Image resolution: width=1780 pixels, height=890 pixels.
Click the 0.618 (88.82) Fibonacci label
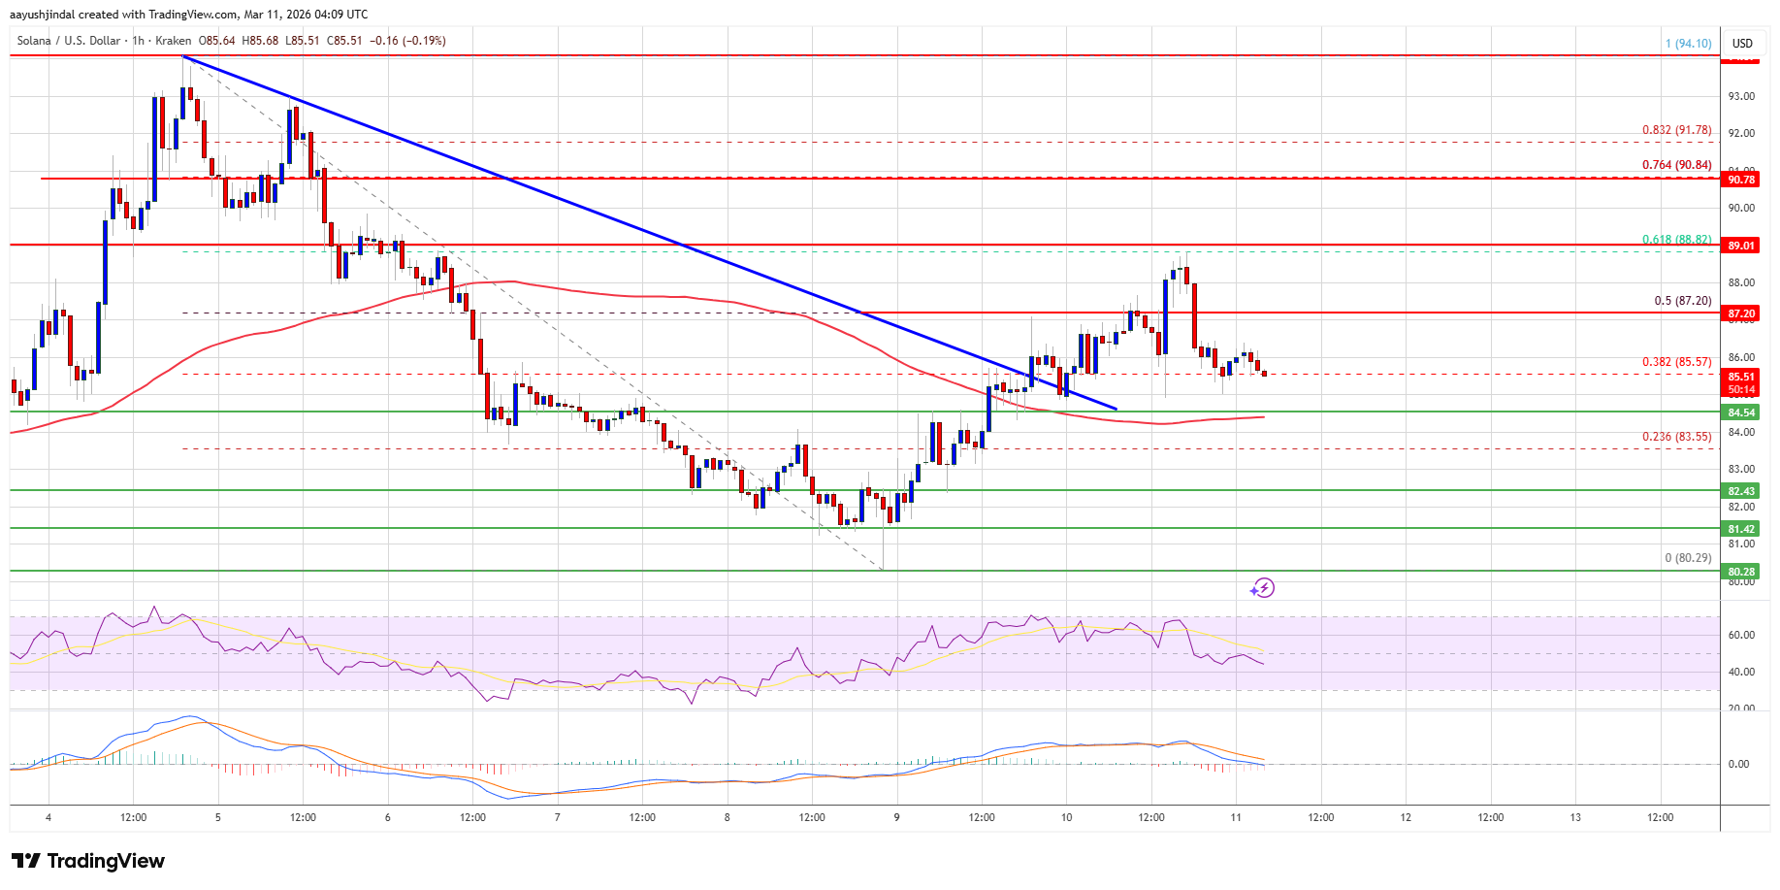[1676, 240]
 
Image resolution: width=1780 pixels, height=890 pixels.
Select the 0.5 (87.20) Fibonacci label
[1682, 301]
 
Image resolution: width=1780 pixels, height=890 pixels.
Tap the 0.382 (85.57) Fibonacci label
[1676, 362]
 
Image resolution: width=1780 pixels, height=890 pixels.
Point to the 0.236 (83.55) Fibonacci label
[1676, 437]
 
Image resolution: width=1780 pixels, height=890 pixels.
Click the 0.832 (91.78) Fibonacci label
[1676, 130]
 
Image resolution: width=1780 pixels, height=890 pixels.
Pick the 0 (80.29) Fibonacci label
[1688, 558]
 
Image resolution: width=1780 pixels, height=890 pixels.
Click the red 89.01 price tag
[1741, 246]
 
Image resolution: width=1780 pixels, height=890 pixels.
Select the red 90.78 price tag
[1741, 180]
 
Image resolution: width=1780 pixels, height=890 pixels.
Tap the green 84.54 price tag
[1741, 412]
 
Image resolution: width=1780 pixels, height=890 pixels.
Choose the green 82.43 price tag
[1741, 491]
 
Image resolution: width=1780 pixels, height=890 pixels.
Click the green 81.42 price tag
[1741, 529]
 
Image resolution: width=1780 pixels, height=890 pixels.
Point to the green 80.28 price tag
[1741, 572]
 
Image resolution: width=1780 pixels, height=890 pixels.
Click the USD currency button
[1742, 43]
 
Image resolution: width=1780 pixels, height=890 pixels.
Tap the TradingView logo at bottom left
[88, 861]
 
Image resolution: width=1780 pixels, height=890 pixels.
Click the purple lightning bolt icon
[1262, 587]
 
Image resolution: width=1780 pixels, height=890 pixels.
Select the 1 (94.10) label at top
[1688, 44]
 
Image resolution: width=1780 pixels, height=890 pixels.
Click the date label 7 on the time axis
[557, 817]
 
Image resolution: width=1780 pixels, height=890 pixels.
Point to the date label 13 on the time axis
[1575, 817]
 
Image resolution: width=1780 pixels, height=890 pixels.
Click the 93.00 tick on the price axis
[1741, 96]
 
